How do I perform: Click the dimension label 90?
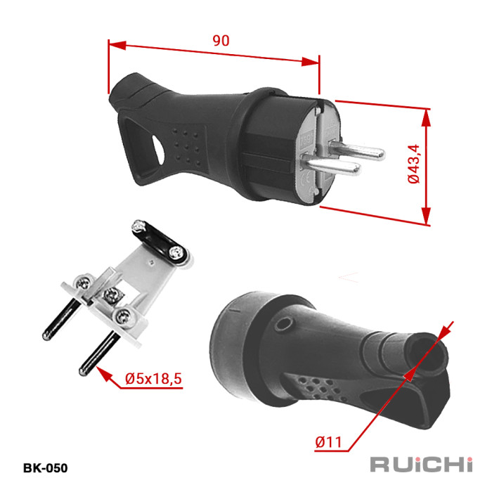[x=221, y=41]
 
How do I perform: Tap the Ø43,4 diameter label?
[x=413, y=164]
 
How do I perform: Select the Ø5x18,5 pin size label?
[x=153, y=378]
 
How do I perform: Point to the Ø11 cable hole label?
[x=328, y=442]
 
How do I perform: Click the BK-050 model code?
[x=45, y=468]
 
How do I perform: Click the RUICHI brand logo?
[x=421, y=465]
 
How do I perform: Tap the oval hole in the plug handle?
[x=158, y=150]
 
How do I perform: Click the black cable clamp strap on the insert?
[x=160, y=242]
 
